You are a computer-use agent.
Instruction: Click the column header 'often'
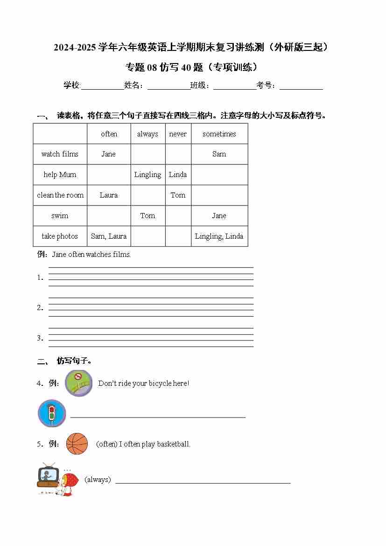point(109,134)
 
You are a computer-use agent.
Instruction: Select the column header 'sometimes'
point(219,134)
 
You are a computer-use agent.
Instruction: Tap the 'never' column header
point(178,134)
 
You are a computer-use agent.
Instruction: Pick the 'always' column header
point(147,134)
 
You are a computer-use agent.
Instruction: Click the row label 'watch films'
point(60,154)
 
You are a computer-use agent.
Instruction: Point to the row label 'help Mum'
point(60,175)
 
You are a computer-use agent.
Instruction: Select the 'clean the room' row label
point(60,195)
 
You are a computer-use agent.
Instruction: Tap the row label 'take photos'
point(60,236)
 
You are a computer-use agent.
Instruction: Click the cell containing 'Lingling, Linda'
point(219,236)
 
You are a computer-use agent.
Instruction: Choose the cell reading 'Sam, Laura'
point(109,236)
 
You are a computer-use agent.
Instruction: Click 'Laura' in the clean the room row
point(109,195)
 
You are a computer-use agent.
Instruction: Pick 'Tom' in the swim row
point(147,216)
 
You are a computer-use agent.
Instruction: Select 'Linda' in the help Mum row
point(178,175)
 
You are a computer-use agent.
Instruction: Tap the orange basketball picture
point(77,444)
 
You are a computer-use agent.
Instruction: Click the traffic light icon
point(51,413)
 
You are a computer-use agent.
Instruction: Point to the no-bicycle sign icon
point(78,383)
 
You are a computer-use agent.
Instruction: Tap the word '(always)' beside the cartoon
point(98,480)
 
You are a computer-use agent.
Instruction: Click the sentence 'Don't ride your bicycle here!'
point(144,383)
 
